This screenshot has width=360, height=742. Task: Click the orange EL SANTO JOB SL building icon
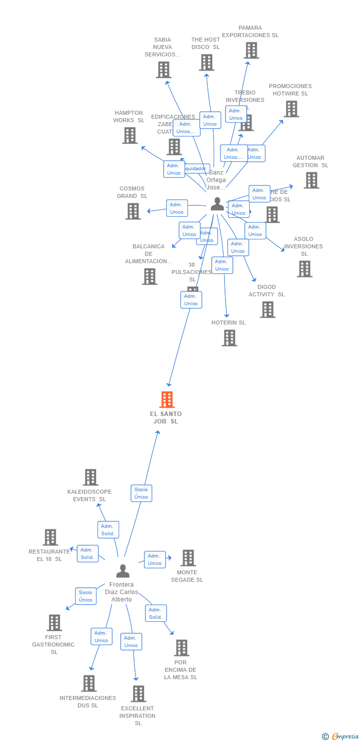[167, 399]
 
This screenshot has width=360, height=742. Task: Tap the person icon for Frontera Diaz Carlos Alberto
[123, 571]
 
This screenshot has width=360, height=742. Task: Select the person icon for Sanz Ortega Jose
[217, 204]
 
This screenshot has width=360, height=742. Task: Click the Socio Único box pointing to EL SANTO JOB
[141, 493]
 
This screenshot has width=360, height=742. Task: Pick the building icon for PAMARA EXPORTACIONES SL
[251, 50]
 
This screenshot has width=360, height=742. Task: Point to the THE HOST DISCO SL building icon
[206, 62]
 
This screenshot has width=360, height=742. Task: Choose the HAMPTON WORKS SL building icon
[130, 135]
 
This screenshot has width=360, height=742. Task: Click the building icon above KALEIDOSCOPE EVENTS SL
[90, 477]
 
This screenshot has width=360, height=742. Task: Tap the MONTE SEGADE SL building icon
[187, 558]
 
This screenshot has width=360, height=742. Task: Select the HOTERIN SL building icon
[229, 338]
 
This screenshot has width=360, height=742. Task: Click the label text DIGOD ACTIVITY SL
[267, 291]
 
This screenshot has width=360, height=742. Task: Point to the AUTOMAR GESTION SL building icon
[311, 180]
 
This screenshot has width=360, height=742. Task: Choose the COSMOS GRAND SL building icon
[133, 211]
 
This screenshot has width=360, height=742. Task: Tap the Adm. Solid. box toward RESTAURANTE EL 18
[88, 554]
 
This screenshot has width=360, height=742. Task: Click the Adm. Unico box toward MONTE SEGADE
[155, 559]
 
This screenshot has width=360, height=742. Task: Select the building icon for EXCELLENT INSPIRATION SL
[138, 694]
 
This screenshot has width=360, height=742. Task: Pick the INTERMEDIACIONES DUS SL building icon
[89, 683]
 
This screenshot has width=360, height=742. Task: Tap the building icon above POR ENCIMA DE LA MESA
[181, 648]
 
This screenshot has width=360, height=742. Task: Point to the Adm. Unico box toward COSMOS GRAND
[177, 208]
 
